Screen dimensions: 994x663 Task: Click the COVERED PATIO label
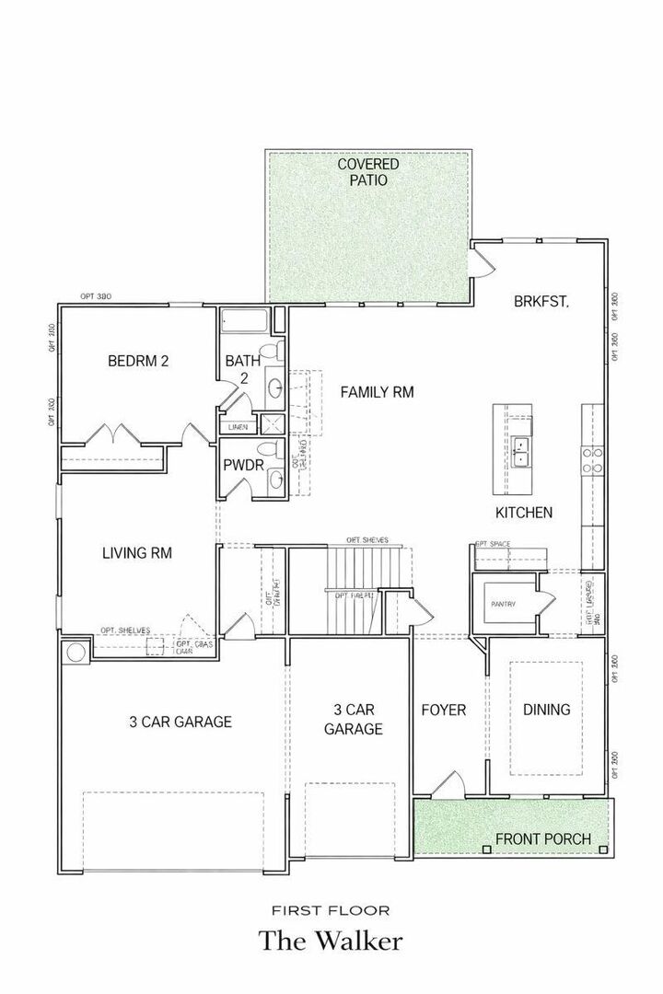pyautogui.click(x=368, y=172)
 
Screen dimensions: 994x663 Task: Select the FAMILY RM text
pyautogui.click(x=377, y=392)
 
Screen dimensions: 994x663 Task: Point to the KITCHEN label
pyautogui.click(x=524, y=512)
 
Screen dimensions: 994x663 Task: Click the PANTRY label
pyautogui.click(x=503, y=604)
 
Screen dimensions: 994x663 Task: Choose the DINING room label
pyautogui.click(x=546, y=710)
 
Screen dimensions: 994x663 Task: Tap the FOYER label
pyautogui.click(x=444, y=710)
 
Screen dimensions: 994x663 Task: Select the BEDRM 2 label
pyautogui.click(x=138, y=361)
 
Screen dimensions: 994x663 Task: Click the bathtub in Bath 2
pyautogui.click(x=244, y=322)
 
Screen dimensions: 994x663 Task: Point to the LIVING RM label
pyautogui.click(x=137, y=553)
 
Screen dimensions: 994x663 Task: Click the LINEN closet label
pyautogui.click(x=238, y=427)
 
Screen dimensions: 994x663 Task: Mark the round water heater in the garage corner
pyautogui.click(x=76, y=653)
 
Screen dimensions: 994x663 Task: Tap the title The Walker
pyautogui.click(x=331, y=942)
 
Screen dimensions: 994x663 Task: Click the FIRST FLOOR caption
pyautogui.click(x=331, y=910)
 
